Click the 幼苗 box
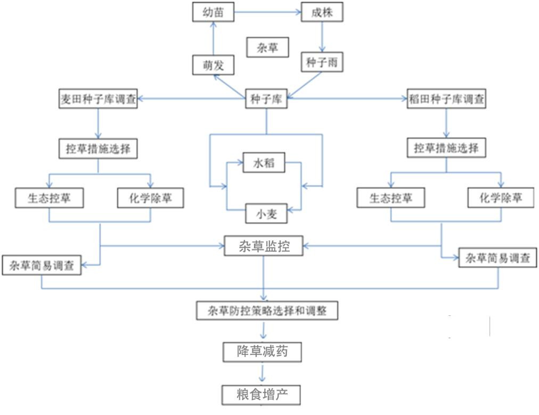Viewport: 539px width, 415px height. [x=213, y=12]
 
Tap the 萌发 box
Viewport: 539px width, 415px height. [x=213, y=66]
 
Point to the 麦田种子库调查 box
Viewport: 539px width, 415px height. [x=97, y=99]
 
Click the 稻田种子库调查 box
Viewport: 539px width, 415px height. [x=446, y=99]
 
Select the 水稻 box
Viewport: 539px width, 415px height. [x=264, y=162]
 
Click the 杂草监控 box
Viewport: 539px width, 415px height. [x=264, y=246]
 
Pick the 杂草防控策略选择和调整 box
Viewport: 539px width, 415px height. [x=267, y=311]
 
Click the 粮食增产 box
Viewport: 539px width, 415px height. [x=262, y=395]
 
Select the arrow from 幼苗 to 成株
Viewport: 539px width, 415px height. [x=267, y=12]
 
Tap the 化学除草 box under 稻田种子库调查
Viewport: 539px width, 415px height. [x=501, y=198]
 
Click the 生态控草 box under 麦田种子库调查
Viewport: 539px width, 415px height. [x=49, y=198]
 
